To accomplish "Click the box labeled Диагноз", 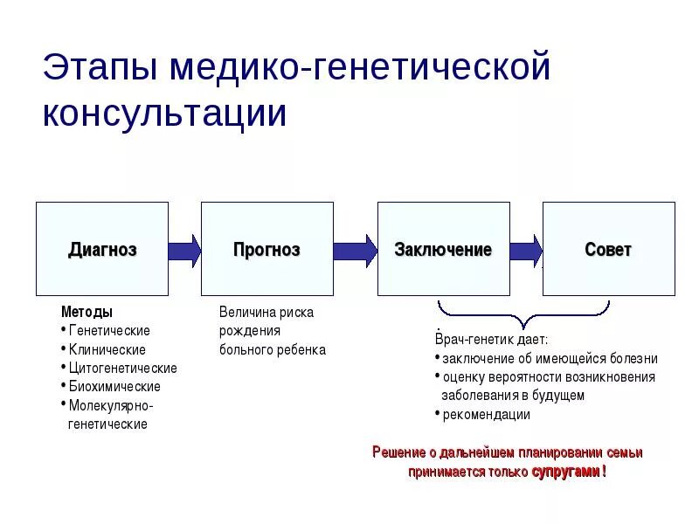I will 102,249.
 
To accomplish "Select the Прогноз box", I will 266,249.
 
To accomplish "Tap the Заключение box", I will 443,249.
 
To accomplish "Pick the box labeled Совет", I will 608,249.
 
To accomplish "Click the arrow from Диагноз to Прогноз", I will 184,251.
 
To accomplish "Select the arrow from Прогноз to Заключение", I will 355,251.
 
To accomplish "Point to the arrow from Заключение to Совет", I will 526,251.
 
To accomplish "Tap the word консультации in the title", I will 164,114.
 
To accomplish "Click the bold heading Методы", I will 87,312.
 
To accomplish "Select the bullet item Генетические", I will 109,331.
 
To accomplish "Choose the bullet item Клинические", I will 107,349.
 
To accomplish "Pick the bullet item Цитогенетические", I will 122,368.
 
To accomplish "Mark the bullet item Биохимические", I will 114,386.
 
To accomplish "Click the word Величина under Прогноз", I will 249,312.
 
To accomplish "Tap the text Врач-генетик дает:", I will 491,340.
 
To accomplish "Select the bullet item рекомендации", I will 487,415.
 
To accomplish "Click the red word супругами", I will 565,472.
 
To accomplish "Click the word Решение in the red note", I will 399,452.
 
